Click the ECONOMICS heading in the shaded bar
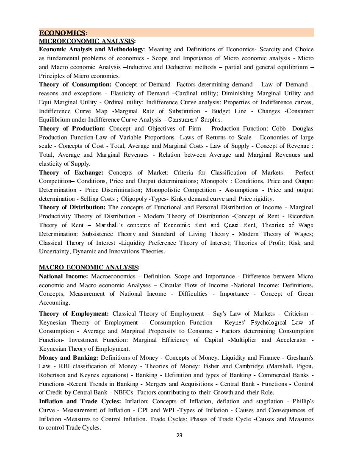tap(62, 33)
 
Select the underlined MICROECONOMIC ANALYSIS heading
tap(86, 41)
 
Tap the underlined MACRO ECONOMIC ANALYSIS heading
tap(88, 267)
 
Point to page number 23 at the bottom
tap(179, 435)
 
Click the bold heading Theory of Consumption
tap(75, 85)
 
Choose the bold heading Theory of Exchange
tap(71, 172)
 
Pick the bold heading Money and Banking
tap(69, 358)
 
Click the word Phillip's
tap(302, 401)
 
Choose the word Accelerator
tap(290, 340)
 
